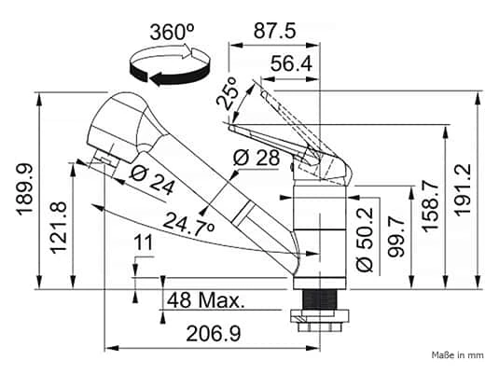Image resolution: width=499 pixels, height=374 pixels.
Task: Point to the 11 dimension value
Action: (x=143, y=243)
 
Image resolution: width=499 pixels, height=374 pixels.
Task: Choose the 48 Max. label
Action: (x=205, y=300)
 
